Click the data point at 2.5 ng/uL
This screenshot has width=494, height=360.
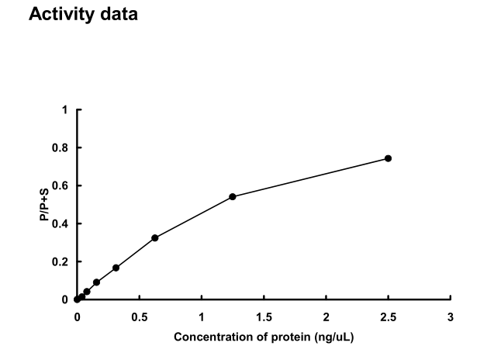click(388, 158)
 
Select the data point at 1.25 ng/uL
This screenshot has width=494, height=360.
click(233, 197)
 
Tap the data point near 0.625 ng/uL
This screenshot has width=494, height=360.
click(155, 237)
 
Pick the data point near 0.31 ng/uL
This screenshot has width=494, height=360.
click(116, 268)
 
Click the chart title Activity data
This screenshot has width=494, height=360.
click(83, 16)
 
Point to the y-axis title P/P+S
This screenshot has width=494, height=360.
click(45, 204)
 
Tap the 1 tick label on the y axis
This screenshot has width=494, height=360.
click(65, 110)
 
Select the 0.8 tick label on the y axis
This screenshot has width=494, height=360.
click(61, 147)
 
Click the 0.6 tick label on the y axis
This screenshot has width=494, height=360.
click(61, 185)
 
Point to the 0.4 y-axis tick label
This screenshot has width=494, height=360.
click(61, 223)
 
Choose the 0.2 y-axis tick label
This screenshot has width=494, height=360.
click(61, 261)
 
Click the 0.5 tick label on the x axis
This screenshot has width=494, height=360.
click(139, 317)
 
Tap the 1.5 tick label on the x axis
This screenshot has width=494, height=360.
click(264, 317)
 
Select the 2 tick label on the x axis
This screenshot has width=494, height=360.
click(326, 317)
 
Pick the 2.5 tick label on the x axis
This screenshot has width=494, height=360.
click(388, 317)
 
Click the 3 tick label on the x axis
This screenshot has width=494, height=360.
click(451, 317)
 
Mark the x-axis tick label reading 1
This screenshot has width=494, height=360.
click(202, 317)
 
